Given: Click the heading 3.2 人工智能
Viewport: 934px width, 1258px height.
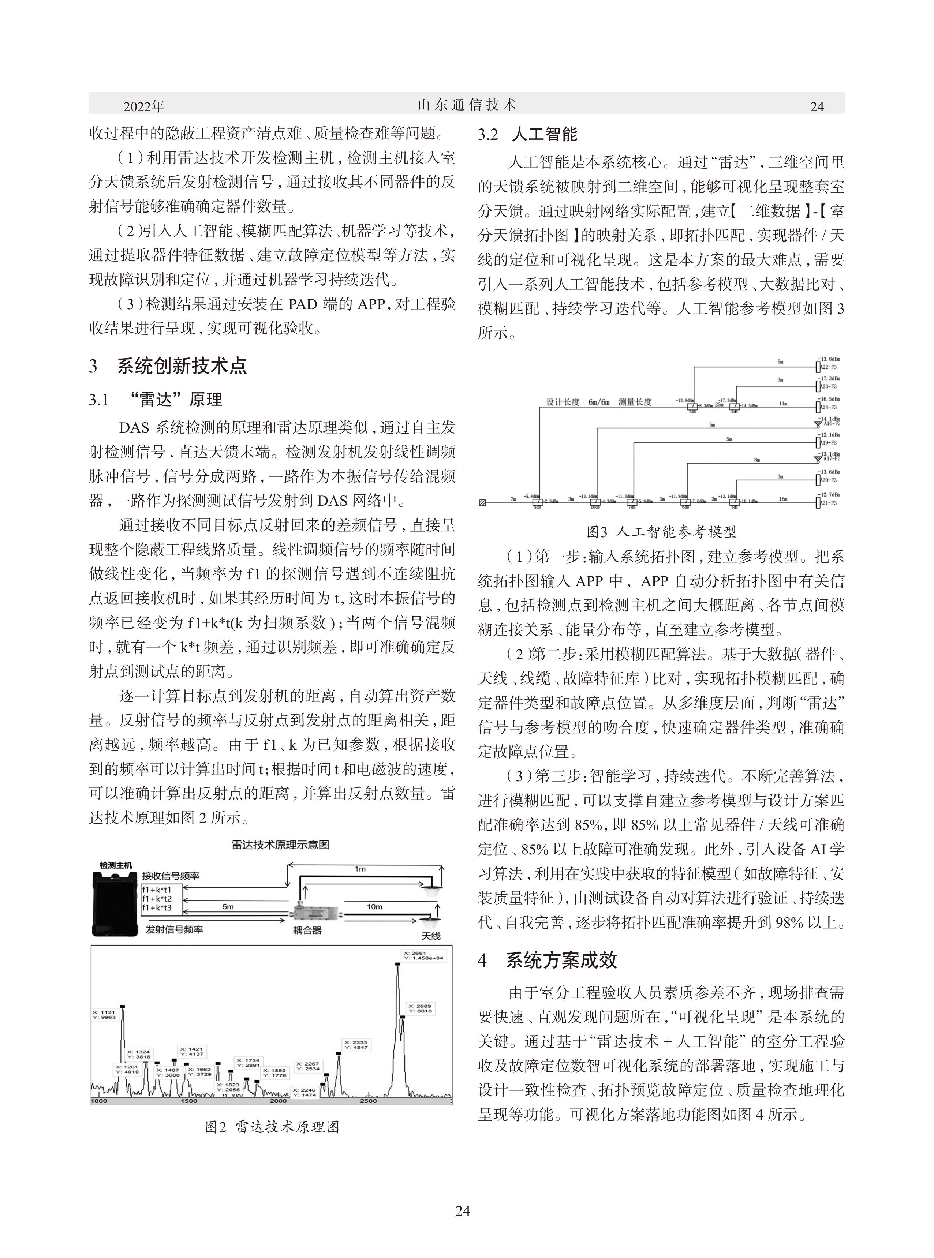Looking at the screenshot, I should coord(527,135).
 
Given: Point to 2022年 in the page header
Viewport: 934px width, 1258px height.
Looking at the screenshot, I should coord(143,106).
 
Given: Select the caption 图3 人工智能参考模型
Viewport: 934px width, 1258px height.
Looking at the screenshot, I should coord(661,531).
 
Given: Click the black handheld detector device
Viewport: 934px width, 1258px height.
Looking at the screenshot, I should coord(115,905).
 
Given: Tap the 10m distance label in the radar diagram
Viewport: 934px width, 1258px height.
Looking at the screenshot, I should coord(374,906).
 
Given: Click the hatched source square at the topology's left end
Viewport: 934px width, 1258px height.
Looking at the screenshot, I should coord(482,502).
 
